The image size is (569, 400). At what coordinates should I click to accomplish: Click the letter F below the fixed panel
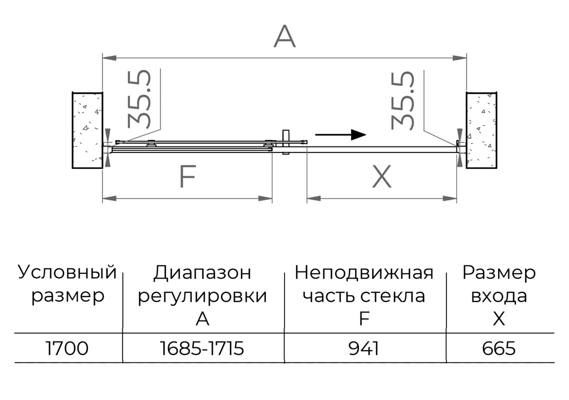188,176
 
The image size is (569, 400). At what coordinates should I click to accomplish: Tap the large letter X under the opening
382,176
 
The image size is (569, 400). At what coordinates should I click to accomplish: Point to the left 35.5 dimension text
139,98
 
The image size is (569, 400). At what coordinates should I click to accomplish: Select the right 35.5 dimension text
403,100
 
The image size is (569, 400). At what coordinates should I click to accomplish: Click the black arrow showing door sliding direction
340,134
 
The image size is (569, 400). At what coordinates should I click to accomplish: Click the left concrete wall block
87,130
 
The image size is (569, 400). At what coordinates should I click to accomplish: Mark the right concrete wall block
481,130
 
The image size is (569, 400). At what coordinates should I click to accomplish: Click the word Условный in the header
67,272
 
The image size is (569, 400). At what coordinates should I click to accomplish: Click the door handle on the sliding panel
285,142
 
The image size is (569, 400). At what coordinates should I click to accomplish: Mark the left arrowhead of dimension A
109,57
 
